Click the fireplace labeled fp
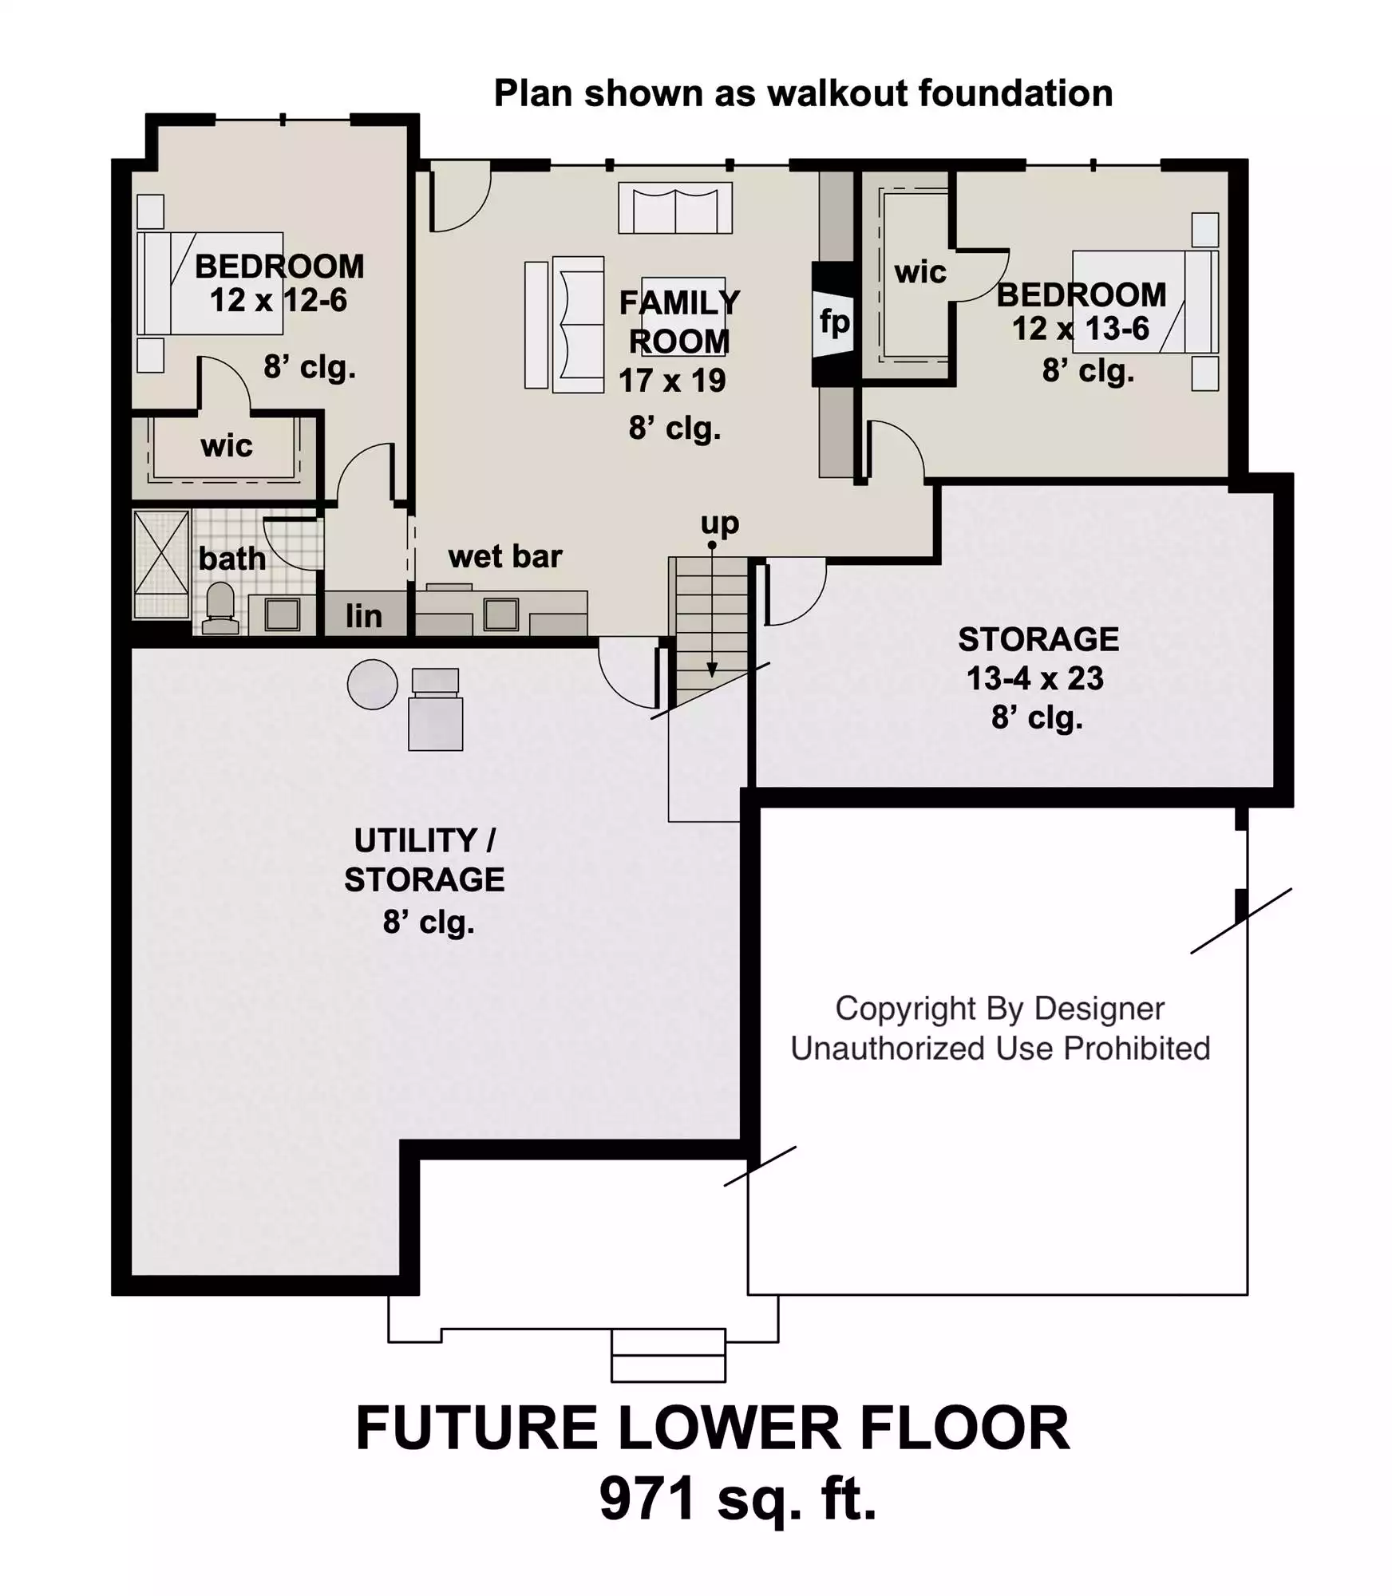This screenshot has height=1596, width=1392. (833, 323)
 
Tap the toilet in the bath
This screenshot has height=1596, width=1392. (220, 608)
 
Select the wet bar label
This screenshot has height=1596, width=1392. (505, 556)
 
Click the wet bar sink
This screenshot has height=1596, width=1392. (501, 614)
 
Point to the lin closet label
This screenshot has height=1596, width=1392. (364, 616)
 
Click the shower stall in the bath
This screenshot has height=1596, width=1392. (161, 564)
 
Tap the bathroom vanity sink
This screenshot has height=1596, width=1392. (282, 614)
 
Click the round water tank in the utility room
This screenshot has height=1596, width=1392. (373, 684)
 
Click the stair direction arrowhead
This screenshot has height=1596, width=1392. (712, 670)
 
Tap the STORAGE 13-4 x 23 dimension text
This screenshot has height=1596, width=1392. (1035, 678)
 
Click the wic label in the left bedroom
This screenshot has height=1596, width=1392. (227, 445)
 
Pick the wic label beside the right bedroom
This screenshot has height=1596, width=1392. (920, 272)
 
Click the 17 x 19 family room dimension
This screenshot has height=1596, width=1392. (672, 381)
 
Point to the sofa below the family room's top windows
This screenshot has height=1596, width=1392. (675, 208)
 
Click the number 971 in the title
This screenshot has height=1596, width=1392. (647, 1499)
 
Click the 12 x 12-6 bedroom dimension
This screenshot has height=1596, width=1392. (279, 301)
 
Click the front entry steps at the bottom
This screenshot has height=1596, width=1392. (668, 1355)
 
